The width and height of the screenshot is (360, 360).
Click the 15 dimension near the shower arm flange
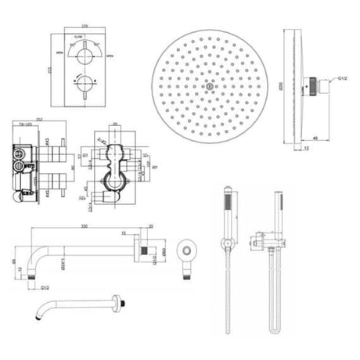pos(123,233)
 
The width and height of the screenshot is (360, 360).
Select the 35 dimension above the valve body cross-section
pos(114,123)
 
